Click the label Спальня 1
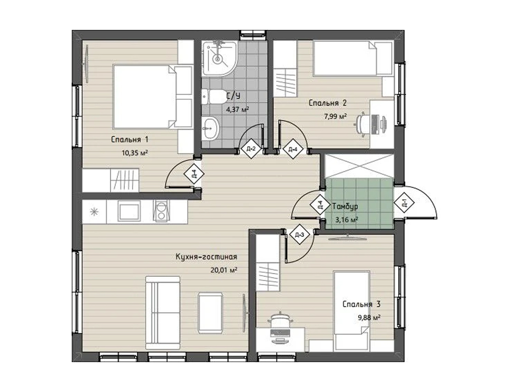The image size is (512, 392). pyautogui.click(x=129, y=140)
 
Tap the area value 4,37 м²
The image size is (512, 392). pyautogui.click(x=237, y=109)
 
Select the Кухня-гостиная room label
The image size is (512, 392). pyautogui.click(x=206, y=257)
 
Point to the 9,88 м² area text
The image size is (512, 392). pyautogui.click(x=369, y=317)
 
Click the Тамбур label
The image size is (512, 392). pyautogui.click(x=345, y=206)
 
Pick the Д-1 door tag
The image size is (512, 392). pyautogui.click(x=404, y=203)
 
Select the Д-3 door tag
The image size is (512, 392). pyautogui.click(x=299, y=235)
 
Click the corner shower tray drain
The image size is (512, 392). pyautogui.click(x=217, y=59)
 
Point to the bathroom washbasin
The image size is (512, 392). pyautogui.click(x=210, y=128)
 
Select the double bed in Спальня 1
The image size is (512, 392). pyautogui.click(x=152, y=96)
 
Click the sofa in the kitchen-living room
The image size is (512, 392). pyautogui.click(x=163, y=313)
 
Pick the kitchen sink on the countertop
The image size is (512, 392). pyautogui.click(x=129, y=212)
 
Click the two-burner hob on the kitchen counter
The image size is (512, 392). pyautogui.click(x=161, y=211)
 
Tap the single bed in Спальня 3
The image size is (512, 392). pyautogui.click(x=351, y=311)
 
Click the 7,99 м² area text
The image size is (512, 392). pyautogui.click(x=335, y=116)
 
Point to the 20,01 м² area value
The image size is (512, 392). pyautogui.click(x=224, y=270)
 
